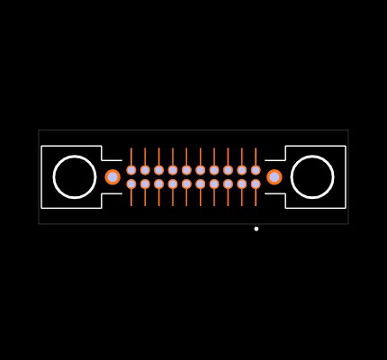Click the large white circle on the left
coord(75,176)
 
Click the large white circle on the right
coord(312,176)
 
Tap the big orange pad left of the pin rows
coord(112,177)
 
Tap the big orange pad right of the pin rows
coord(274,177)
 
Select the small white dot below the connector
coord(256,229)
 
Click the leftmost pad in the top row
coord(131,170)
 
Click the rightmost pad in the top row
coord(256,170)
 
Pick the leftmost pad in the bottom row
coord(131,184)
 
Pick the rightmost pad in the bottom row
coord(256,184)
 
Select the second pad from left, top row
coord(145,170)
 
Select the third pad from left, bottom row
coord(159,184)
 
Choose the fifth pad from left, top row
coord(186,170)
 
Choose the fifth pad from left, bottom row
coord(186,184)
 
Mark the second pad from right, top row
coord(242,170)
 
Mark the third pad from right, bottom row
coord(228,184)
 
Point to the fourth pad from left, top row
coord(173,170)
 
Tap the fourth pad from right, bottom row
coord(214,184)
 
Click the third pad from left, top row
coord(159,170)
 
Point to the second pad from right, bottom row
coord(242,184)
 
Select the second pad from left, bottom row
coord(145,184)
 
